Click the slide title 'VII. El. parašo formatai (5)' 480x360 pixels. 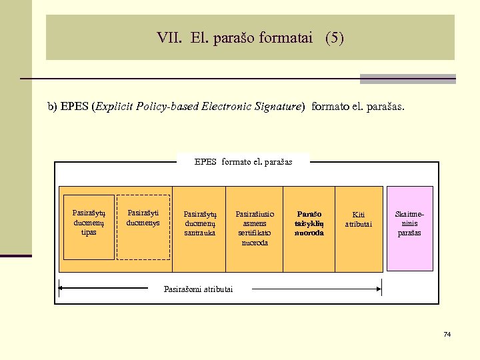250,38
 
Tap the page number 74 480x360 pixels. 447,333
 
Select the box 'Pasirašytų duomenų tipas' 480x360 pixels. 89,226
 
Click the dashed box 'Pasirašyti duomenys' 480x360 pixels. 143,226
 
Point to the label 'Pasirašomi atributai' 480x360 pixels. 199,289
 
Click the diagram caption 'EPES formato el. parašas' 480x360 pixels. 243,161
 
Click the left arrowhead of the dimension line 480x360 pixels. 61,289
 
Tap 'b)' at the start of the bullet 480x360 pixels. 52,107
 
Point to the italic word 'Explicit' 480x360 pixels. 115,107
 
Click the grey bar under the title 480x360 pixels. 407,79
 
